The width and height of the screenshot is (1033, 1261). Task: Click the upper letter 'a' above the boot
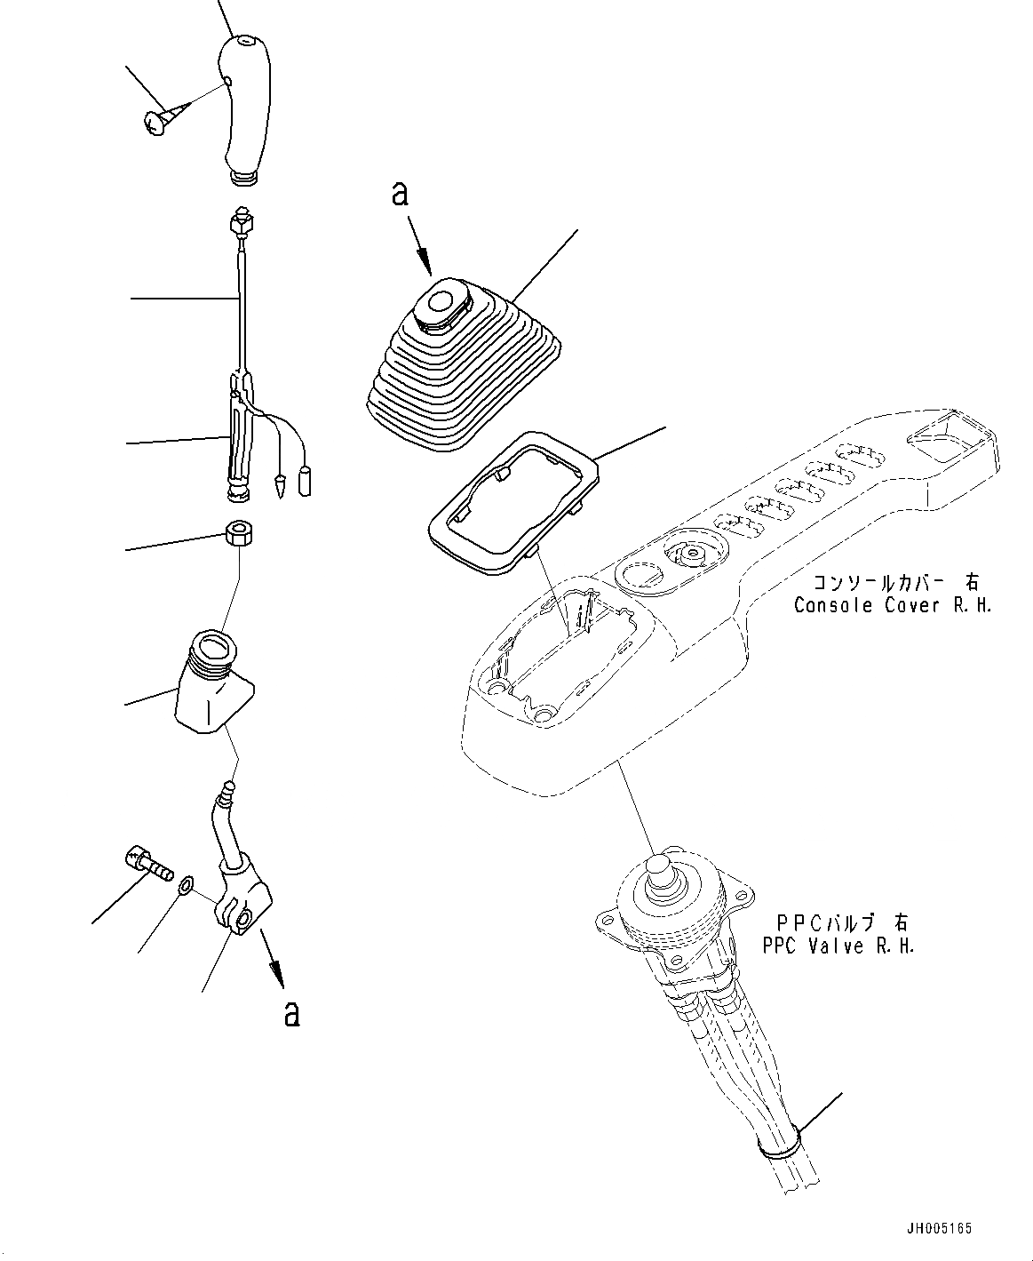pos(401,195)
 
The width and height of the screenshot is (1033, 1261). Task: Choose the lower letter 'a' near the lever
pos(291,1014)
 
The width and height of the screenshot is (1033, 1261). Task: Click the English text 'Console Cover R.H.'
pos(892,605)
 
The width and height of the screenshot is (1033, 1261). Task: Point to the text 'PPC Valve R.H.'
pos(838,946)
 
